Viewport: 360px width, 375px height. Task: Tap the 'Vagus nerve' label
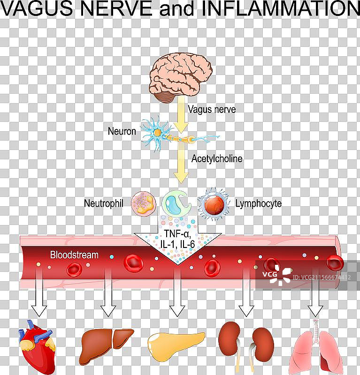pos(211,110)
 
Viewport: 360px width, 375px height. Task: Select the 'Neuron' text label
pos(122,132)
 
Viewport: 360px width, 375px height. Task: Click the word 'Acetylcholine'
pos(217,158)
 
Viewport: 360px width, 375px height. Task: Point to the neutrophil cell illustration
pos(143,202)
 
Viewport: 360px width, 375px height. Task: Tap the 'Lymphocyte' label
pos(258,203)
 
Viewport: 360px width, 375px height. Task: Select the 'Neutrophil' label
pos(103,203)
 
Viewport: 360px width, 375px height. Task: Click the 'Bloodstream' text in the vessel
pos(74,255)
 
